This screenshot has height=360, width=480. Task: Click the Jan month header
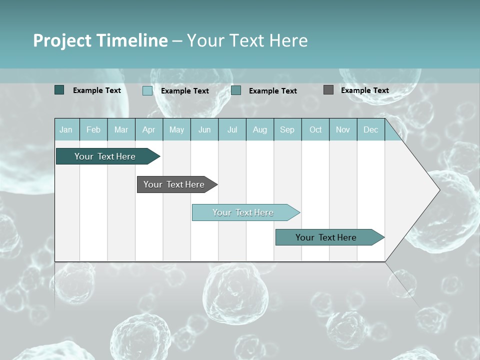(66, 129)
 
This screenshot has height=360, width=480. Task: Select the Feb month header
(93, 129)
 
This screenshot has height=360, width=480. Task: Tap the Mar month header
(121, 129)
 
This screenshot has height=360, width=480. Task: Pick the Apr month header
(149, 129)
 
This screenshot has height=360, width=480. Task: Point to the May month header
(176, 129)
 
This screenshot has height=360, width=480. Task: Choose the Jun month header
(204, 129)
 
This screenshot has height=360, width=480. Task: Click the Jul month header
(232, 129)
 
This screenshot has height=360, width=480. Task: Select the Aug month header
(260, 129)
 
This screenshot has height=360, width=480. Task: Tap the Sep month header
(287, 129)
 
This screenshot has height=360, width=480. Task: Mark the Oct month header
(315, 129)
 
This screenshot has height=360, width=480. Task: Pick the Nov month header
(343, 129)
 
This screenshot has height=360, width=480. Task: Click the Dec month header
(371, 129)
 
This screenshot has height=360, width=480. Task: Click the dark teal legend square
(59, 90)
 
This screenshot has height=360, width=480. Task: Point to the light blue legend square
(147, 90)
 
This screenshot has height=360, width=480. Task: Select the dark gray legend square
(328, 90)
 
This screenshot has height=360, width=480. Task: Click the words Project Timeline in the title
(100, 40)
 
